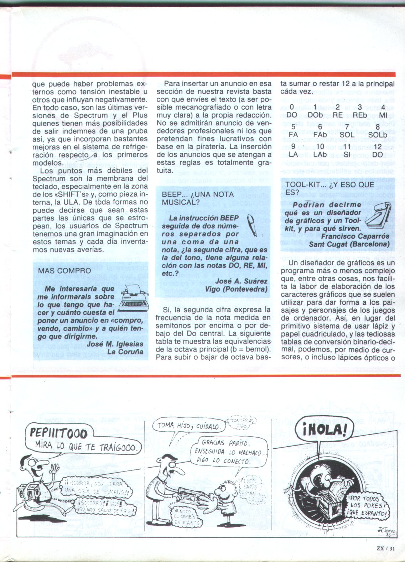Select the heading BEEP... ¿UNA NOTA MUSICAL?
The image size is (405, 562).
click(x=198, y=198)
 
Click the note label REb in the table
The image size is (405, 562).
click(x=359, y=115)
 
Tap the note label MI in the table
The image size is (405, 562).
click(x=383, y=115)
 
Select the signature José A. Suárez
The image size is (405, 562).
click(x=242, y=281)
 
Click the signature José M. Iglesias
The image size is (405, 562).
click(x=115, y=344)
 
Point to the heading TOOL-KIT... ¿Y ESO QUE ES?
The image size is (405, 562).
click(x=327, y=188)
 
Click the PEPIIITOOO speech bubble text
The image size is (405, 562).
click(x=58, y=433)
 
